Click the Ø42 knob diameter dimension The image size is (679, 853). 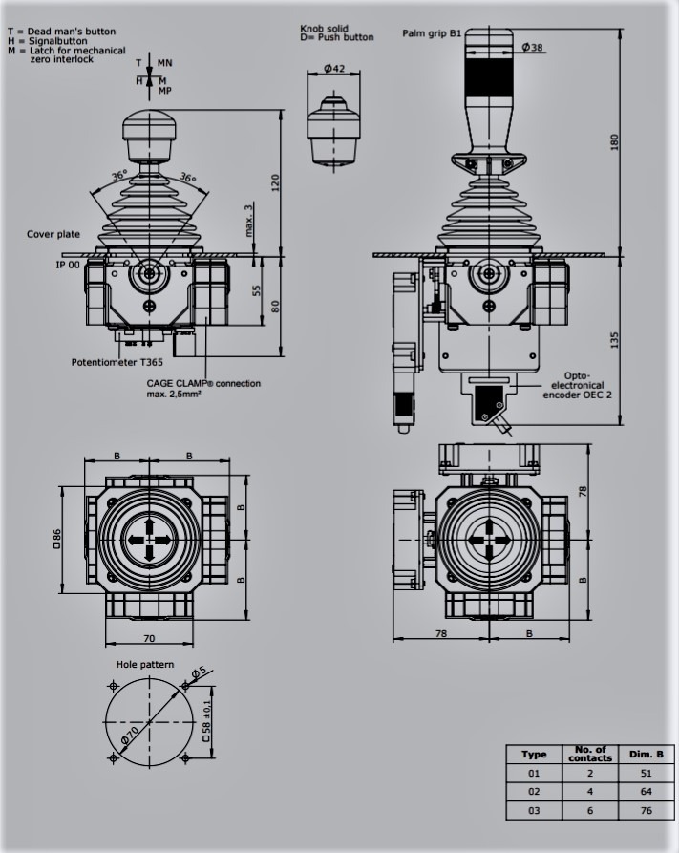334,69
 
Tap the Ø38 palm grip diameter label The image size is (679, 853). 532,48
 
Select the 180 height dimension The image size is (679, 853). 614,142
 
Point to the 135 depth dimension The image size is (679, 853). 614,341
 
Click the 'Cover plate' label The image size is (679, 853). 53,234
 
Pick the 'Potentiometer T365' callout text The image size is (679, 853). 117,362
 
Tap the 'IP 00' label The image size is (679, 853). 68,265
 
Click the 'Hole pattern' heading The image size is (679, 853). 145,664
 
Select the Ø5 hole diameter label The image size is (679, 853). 200,672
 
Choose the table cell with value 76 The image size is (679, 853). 646,810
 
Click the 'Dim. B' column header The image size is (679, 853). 647,754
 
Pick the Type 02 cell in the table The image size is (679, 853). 534,792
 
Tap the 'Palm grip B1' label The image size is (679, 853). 432,33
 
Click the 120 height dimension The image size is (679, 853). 275,182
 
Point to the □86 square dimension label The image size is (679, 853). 56,539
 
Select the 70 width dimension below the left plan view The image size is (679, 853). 149,639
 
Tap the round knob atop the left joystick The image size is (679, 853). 150,127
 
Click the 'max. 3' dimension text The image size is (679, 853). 248,221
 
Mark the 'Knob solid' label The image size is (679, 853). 325,29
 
